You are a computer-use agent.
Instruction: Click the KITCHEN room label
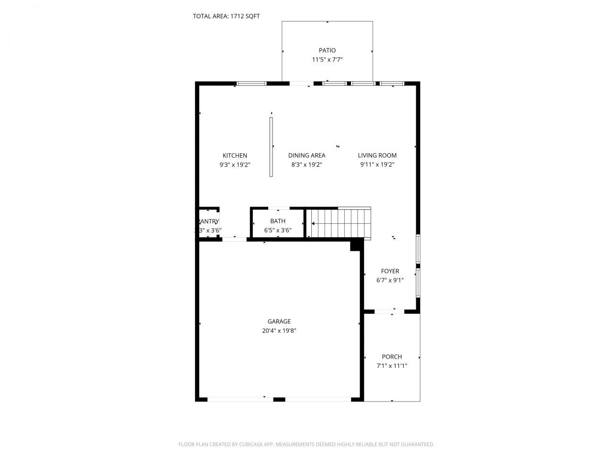[235, 156]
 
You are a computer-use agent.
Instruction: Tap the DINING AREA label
[306, 156]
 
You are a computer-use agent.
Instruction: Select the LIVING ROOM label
[377, 156]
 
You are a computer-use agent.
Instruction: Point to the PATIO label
[327, 50]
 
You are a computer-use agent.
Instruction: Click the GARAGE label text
[279, 322]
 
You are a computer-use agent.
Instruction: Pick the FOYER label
[390, 271]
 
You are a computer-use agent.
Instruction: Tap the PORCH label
[392, 357]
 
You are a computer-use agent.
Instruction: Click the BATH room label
[278, 221]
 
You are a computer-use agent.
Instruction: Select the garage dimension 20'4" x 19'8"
[279, 331]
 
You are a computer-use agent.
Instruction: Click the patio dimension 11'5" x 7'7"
[327, 60]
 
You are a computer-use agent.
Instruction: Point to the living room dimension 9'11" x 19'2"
[377, 165]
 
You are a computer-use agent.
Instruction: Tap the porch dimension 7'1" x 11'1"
[392, 366]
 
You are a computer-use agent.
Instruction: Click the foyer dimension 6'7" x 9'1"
[390, 280]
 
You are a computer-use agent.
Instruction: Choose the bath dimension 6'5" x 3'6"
[278, 230]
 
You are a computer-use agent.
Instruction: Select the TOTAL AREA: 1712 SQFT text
[226, 16]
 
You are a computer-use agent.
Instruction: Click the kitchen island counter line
[271, 147]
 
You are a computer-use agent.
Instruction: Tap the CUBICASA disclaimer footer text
[306, 445]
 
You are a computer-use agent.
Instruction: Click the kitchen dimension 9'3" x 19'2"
[235, 165]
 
